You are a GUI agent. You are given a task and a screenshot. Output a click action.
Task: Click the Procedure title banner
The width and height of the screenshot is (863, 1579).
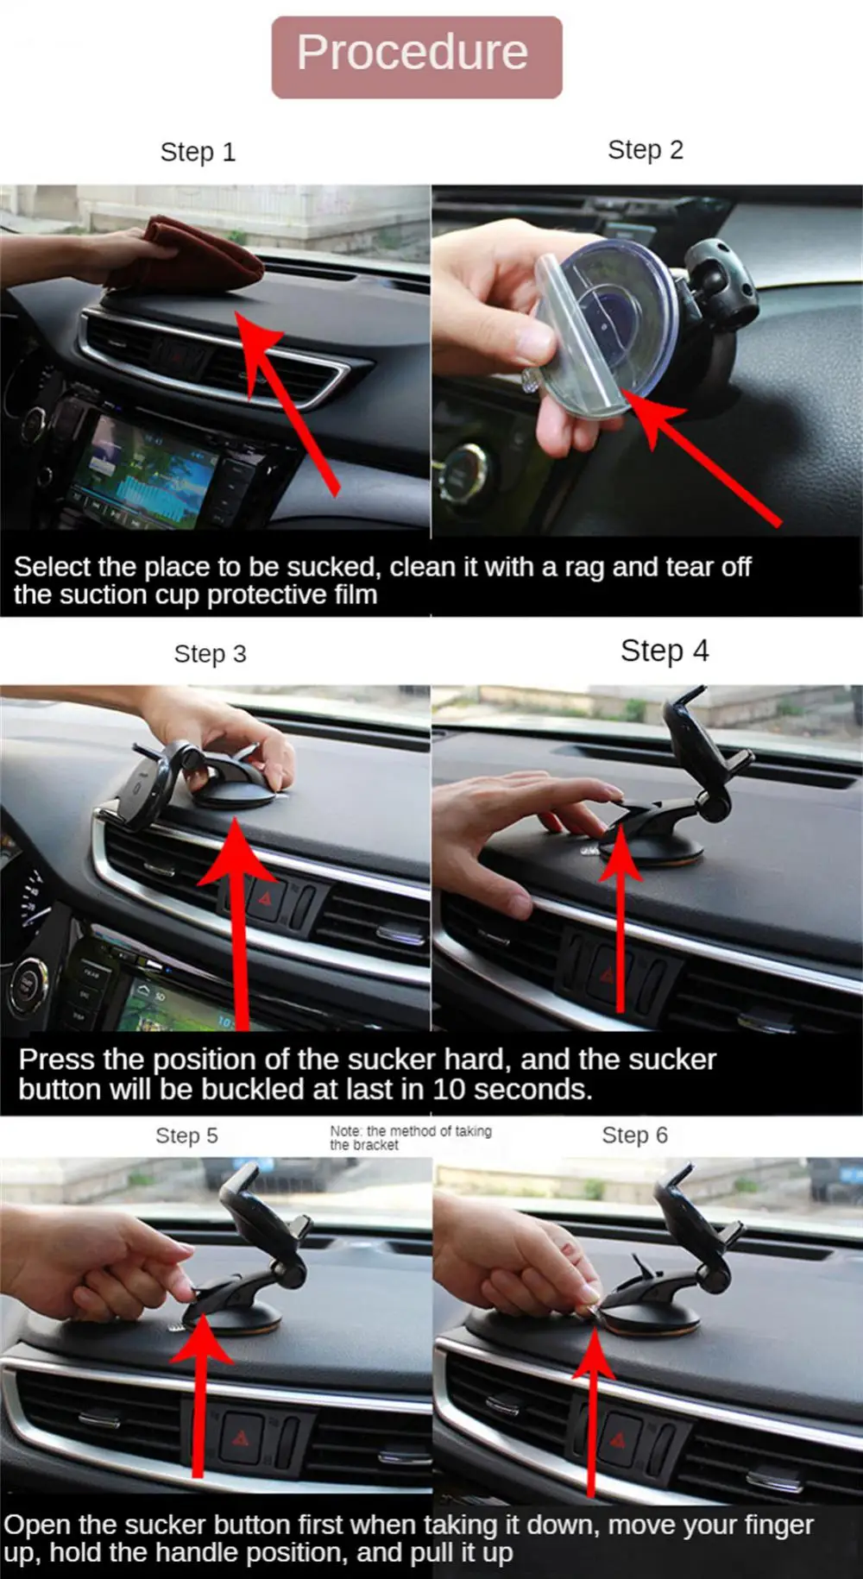[x=417, y=56]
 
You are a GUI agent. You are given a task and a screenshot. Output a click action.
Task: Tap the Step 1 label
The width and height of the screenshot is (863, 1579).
[x=198, y=153]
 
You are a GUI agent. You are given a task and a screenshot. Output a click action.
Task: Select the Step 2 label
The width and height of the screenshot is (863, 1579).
[x=646, y=150]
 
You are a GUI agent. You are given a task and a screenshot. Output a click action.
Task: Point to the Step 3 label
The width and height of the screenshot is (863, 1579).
[x=210, y=654]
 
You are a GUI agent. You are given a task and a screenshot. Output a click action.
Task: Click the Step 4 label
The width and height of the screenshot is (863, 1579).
[x=665, y=651]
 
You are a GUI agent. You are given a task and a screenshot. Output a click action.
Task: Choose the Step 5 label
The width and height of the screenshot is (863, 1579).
[x=186, y=1135]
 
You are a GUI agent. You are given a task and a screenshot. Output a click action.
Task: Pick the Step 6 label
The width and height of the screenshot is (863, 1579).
[x=634, y=1135]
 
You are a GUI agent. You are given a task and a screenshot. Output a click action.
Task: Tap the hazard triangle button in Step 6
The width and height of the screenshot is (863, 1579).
[x=619, y=1440]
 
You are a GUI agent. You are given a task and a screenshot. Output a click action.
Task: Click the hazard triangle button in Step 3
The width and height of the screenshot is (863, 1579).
[x=265, y=898]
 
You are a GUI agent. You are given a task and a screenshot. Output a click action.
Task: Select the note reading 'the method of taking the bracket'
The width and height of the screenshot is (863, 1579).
[x=411, y=1138]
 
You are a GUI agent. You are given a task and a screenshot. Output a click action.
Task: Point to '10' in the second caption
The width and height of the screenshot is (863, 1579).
[x=449, y=1090]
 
